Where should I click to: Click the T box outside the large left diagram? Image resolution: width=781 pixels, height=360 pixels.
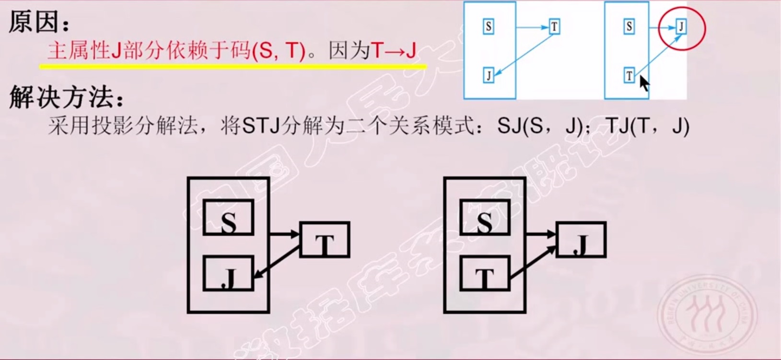pyautogui.click(x=325, y=240)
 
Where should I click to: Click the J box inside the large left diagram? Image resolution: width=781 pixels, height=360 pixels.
pyautogui.click(x=228, y=274)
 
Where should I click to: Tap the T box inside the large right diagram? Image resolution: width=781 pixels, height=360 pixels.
pyautogui.click(x=484, y=274)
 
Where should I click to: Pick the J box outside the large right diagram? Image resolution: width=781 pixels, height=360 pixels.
pyautogui.click(x=581, y=240)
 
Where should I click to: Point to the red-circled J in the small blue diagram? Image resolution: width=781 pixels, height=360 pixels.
pyautogui.click(x=681, y=26)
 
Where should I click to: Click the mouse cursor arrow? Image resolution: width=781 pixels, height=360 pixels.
pyautogui.click(x=643, y=82)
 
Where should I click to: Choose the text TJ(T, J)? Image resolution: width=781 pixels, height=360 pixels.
pyautogui.click(x=647, y=126)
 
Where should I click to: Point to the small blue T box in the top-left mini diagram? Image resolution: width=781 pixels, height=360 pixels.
pyautogui.click(x=554, y=26)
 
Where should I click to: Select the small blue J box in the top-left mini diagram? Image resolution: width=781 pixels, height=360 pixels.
pyautogui.click(x=489, y=75)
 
